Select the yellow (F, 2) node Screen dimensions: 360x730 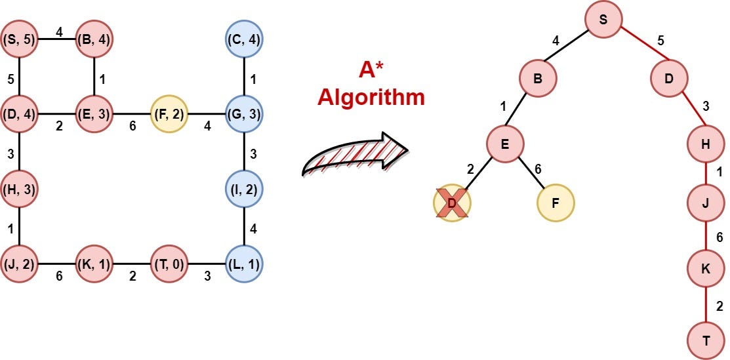click(169, 113)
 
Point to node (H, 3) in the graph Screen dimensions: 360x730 click(19, 190)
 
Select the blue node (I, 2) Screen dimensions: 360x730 click(244, 190)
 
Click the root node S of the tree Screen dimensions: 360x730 click(603, 20)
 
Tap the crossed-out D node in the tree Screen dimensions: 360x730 click(452, 203)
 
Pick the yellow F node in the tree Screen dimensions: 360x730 click(555, 203)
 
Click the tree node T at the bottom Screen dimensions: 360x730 click(706, 341)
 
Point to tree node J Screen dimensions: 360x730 click(706, 203)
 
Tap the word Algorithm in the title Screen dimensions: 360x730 click(371, 97)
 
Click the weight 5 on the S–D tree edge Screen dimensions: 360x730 click(660, 41)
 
